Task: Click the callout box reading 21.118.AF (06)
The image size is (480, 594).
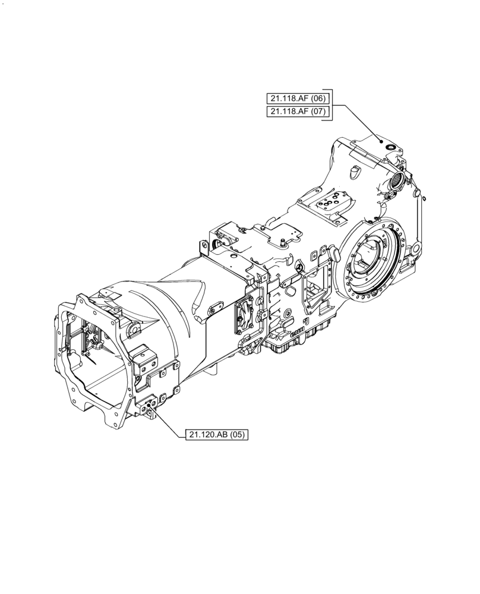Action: (x=296, y=98)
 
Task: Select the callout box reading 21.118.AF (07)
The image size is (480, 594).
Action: (x=296, y=111)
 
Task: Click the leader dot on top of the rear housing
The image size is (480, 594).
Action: (x=381, y=141)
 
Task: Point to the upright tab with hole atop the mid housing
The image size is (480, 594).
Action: (x=203, y=245)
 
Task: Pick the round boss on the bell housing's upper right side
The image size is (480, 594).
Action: (x=134, y=327)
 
